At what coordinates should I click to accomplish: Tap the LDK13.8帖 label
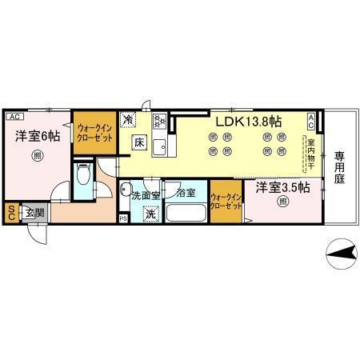[246, 122]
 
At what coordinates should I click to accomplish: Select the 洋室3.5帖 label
[282, 187]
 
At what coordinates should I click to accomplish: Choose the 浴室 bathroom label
[186, 193]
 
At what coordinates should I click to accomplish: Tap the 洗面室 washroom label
[146, 194]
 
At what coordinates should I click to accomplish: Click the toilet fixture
[82, 177]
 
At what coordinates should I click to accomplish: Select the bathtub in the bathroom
[186, 214]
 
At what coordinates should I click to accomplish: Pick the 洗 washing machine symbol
[150, 214]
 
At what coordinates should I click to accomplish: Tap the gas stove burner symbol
[158, 122]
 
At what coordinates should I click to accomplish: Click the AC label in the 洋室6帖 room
[14, 116]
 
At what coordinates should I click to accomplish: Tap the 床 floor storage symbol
[138, 144]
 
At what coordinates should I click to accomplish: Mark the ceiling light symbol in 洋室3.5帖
[282, 202]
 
